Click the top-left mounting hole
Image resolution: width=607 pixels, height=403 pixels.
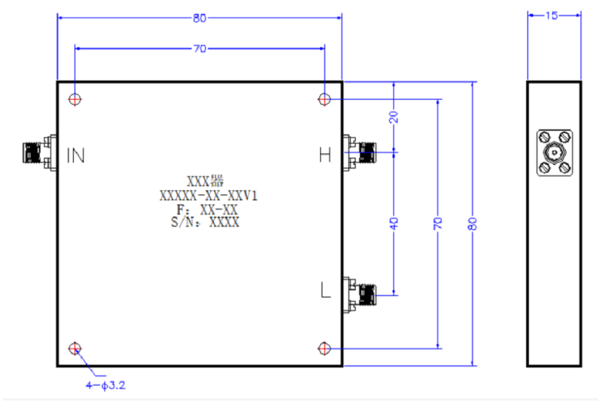tap(75, 99)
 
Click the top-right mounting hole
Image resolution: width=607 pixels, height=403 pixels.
tap(324, 99)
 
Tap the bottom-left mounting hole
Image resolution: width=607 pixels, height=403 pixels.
tap(75, 348)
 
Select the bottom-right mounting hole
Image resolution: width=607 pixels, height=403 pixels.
tap(324, 348)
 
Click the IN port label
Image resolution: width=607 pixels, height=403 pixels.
tap(76, 156)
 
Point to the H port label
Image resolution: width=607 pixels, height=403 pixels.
tap(325, 155)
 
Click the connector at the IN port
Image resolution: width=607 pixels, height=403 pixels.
tap(39, 152)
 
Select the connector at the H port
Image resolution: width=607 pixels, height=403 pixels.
tap(359, 152)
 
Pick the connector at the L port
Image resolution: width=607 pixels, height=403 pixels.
tap(359, 295)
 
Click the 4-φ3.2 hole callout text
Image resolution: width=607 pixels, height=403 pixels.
tap(106, 385)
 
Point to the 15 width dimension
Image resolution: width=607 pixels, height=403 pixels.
tap(552, 15)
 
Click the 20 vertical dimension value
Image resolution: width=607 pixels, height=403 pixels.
tap(394, 117)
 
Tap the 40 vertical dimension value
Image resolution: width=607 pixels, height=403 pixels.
tap(394, 223)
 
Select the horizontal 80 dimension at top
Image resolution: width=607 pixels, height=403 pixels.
tap(200, 18)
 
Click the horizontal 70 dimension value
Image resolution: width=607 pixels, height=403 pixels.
tap(200, 49)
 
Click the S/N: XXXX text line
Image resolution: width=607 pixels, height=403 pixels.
tap(205, 222)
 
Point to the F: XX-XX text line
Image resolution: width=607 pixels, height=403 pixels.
tap(207, 210)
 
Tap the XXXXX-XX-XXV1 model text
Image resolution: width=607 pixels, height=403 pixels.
tap(208, 196)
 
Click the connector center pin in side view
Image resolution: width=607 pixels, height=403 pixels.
tap(555, 153)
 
